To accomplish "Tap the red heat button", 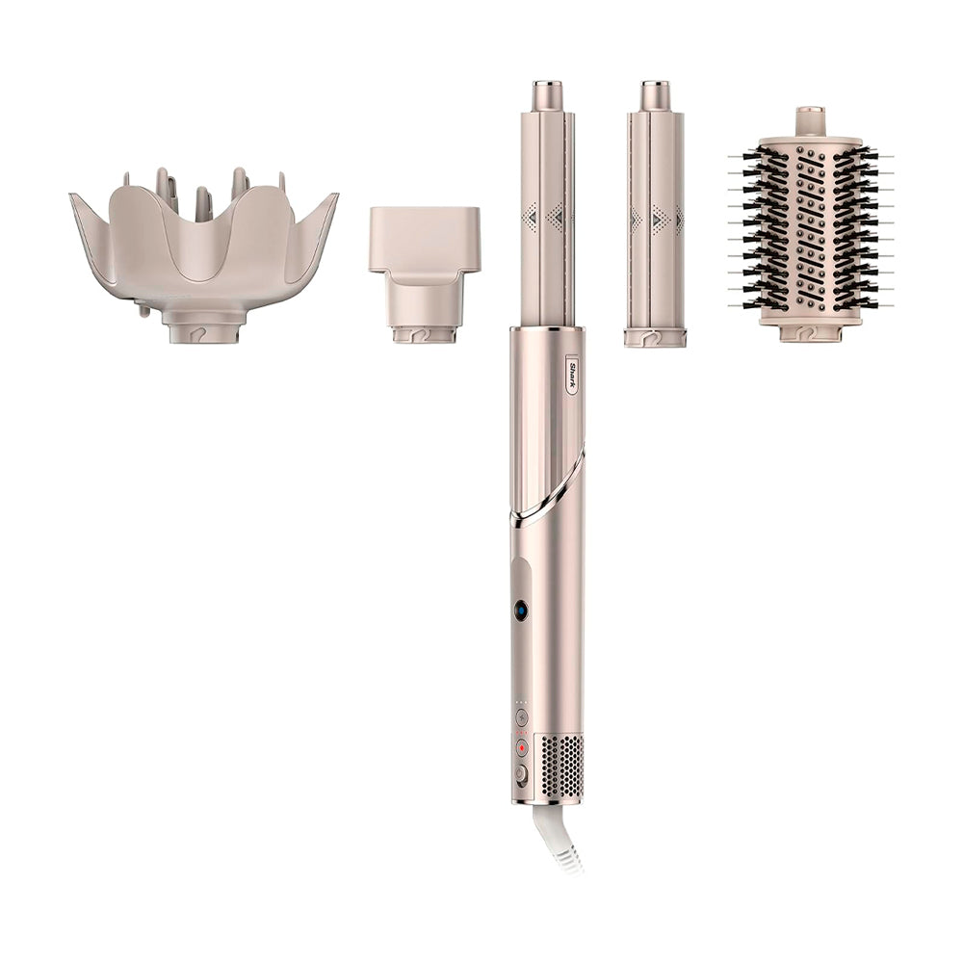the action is click(522, 748).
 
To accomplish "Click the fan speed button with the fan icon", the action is click(522, 716).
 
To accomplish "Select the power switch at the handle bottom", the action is click(521, 774).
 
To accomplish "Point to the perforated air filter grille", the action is click(560, 768).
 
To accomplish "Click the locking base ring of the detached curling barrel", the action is click(655, 338).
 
